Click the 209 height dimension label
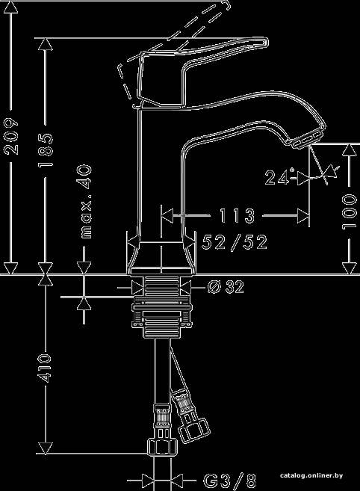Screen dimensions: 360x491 click(x=11, y=136)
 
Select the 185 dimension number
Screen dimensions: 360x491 click(x=46, y=150)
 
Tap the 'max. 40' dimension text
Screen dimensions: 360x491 click(x=84, y=201)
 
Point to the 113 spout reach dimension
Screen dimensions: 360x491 click(x=237, y=215)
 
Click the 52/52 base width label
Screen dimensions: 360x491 click(x=235, y=242)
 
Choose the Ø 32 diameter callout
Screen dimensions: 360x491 click(x=226, y=287)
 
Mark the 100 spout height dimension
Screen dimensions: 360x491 click(x=350, y=211)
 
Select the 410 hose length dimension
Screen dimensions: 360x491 click(x=45, y=368)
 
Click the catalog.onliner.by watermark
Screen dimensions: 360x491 click(x=311, y=475)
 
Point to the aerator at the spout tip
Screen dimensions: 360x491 click(x=308, y=139)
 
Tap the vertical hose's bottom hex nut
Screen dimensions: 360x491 click(x=163, y=447)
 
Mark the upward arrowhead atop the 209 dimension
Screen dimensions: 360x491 click(x=10, y=7)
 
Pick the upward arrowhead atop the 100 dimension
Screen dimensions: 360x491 click(x=350, y=150)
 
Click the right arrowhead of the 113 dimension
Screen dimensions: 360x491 click(x=303, y=215)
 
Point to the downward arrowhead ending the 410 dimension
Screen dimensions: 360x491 click(x=46, y=448)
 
